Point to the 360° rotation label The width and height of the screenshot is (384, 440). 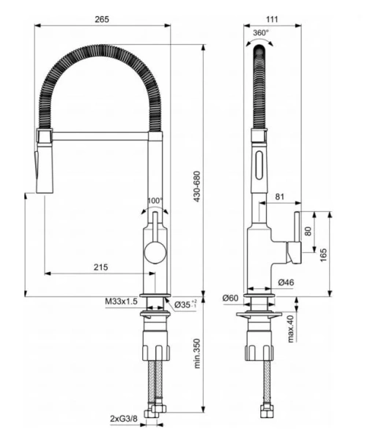point(260,33)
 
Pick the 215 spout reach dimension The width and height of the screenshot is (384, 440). point(100,267)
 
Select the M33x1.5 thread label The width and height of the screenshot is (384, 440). point(122,302)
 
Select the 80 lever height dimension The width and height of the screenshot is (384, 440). point(308,230)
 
